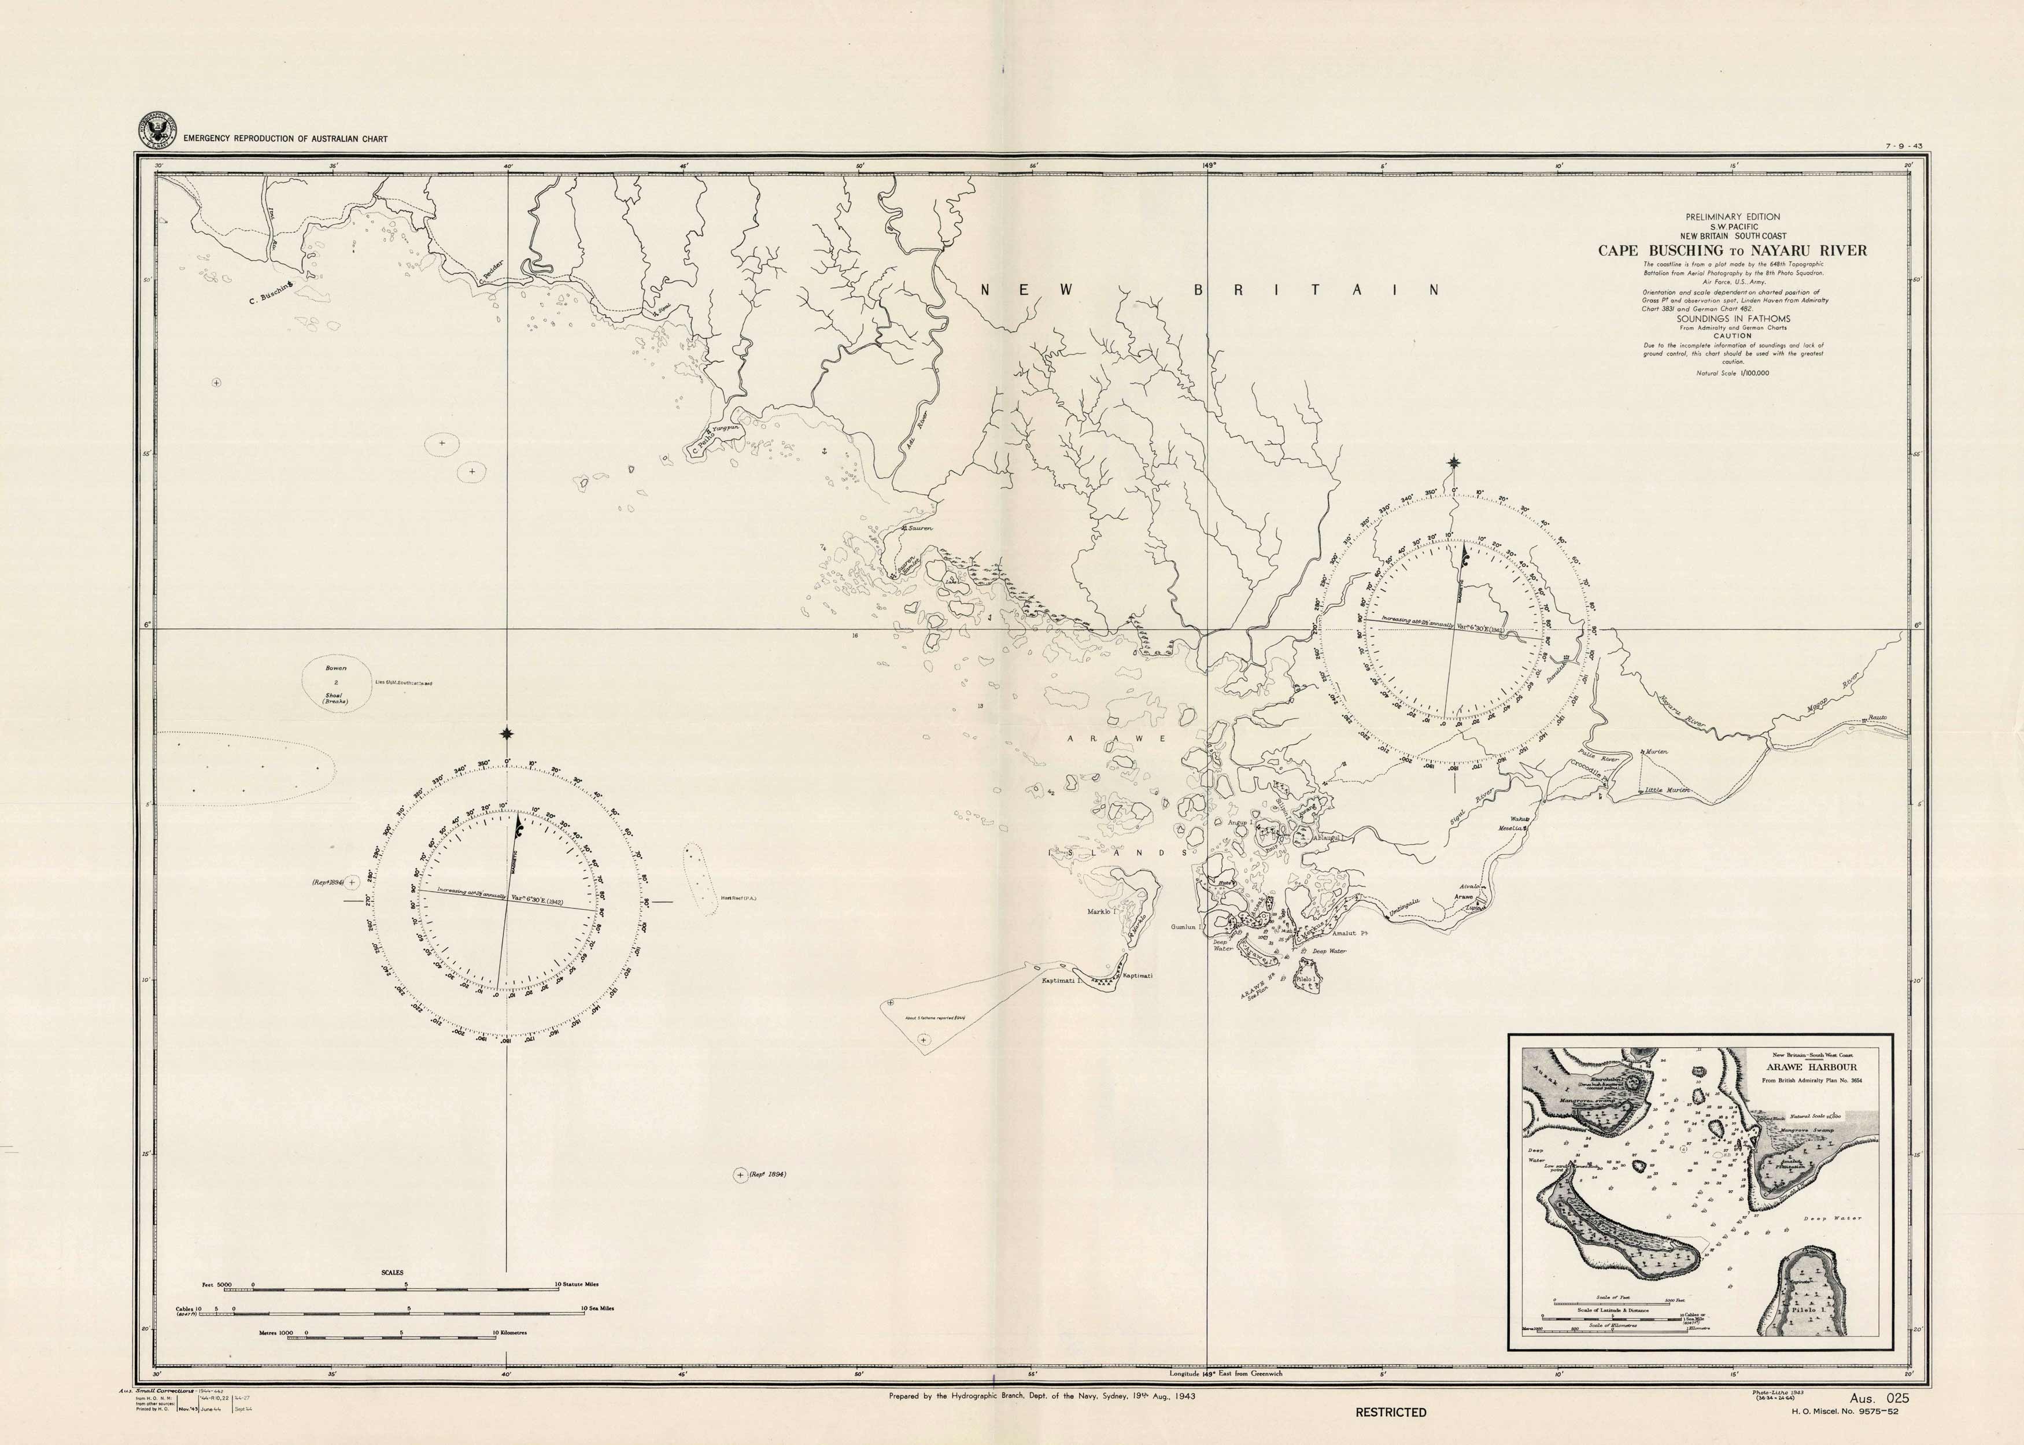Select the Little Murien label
(x=1664, y=790)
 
